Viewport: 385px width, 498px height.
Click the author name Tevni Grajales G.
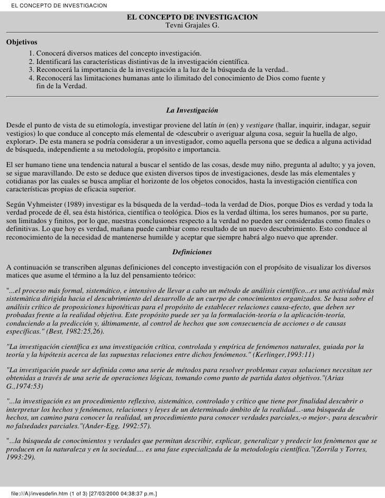click(x=192, y=25)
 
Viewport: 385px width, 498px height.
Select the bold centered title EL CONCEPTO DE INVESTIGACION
click(x=192, y=17)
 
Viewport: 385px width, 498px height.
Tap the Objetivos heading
click(x=22, y=41)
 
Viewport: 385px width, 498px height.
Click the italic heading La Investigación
click(x=192, y=111)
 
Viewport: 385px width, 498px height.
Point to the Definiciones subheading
click(x=192, y=252)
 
